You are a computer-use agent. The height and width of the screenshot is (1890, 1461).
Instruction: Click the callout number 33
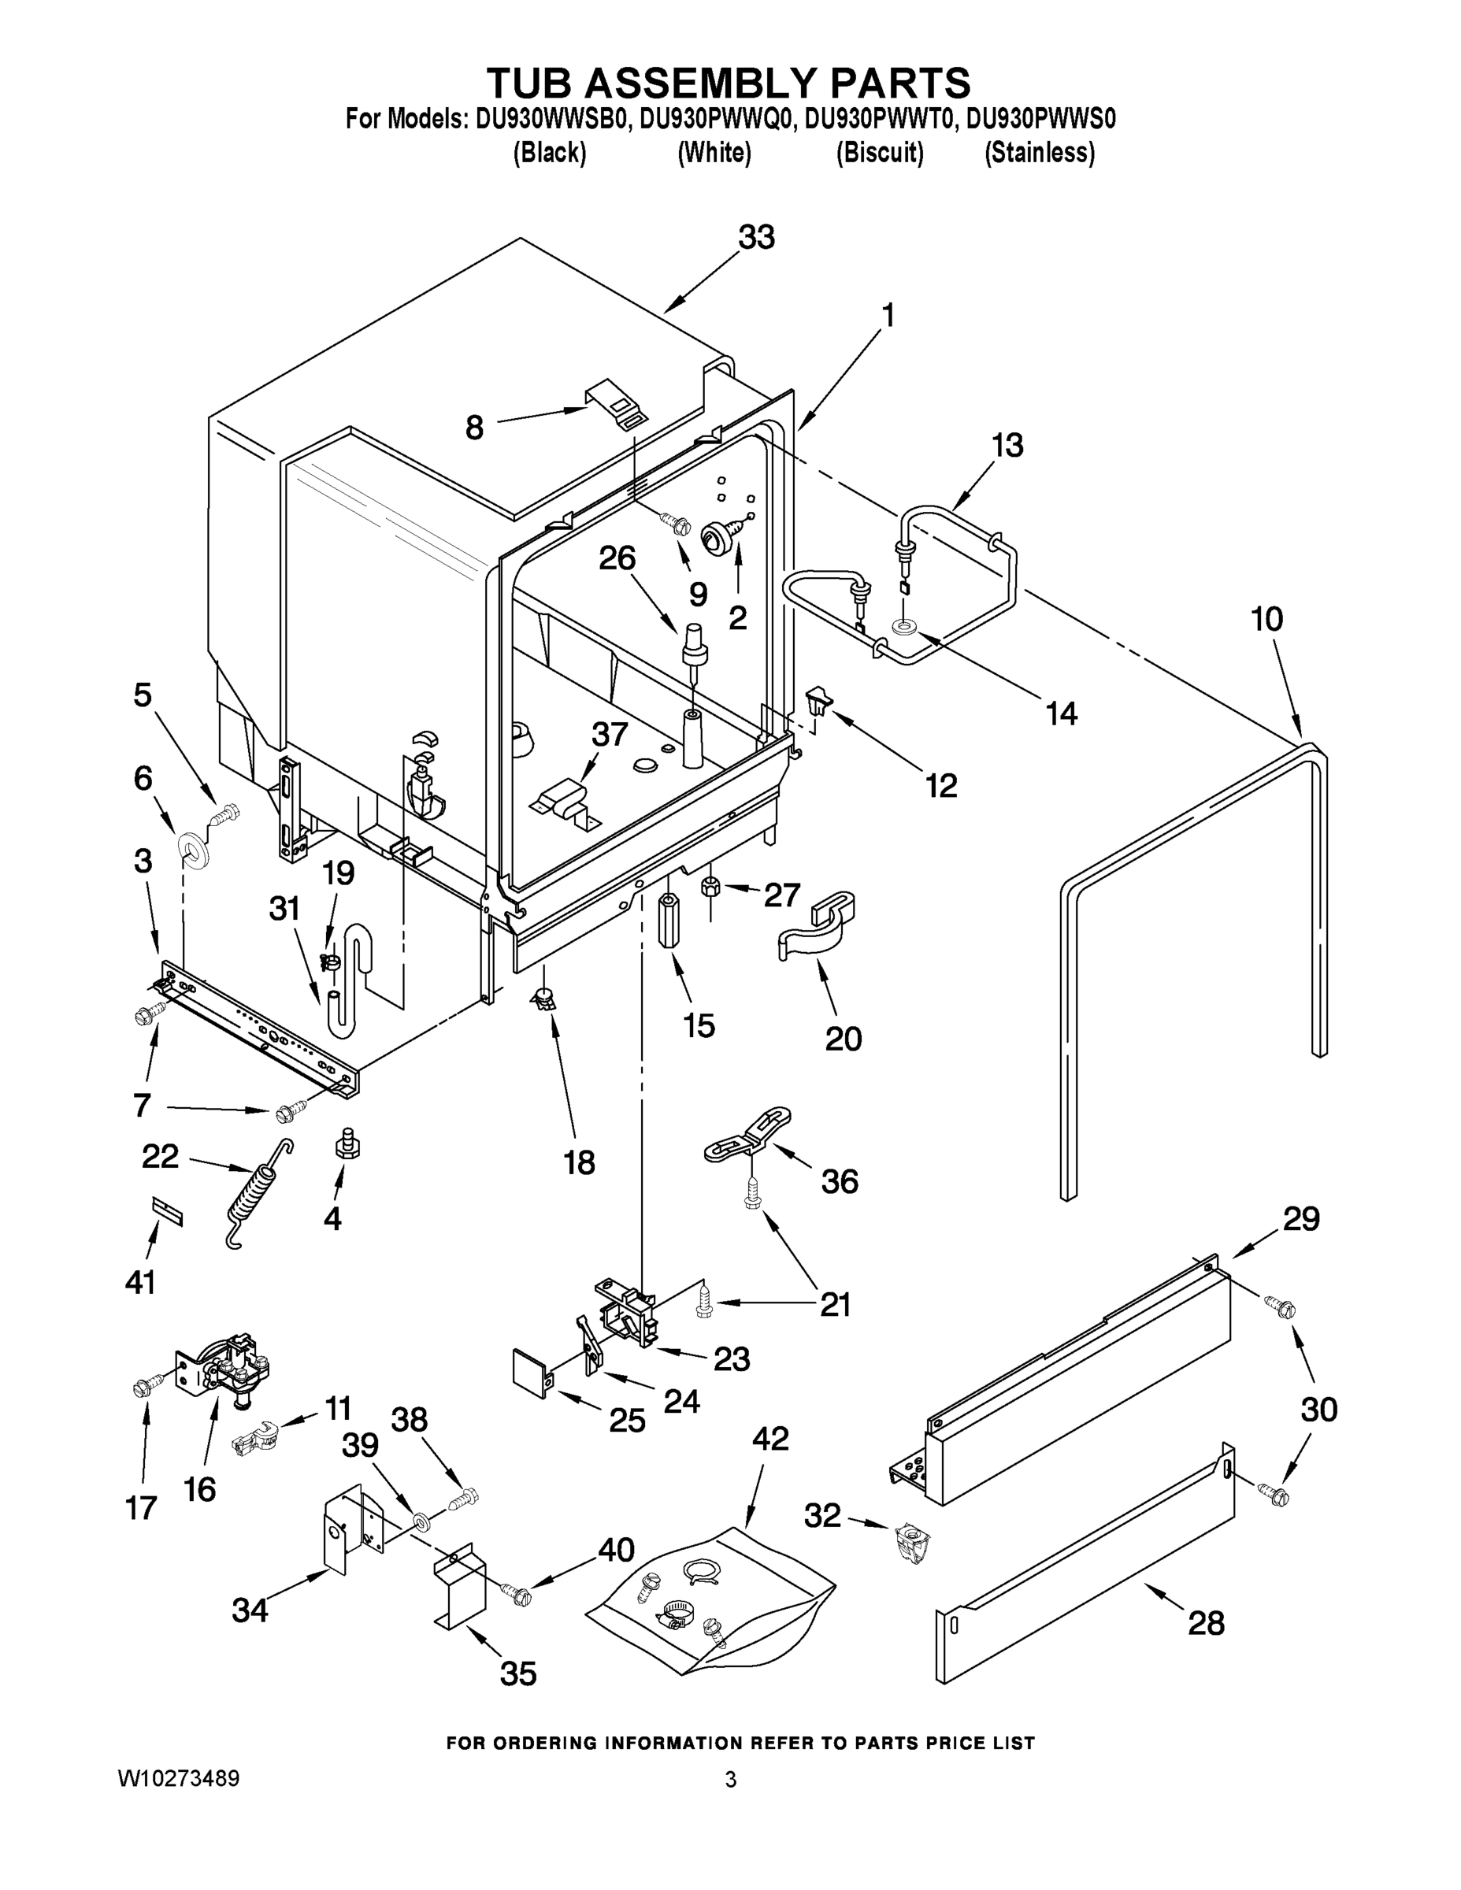click(x=756, y=237)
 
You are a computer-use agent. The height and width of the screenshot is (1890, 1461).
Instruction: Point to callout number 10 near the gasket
click(x=1266, y=620)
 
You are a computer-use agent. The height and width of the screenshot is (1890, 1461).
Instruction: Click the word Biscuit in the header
click(x=880, y=154)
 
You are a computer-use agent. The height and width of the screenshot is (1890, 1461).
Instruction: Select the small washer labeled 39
click(x=422, y=1521)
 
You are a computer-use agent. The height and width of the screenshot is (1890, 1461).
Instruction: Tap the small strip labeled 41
click(x=168, y=1213)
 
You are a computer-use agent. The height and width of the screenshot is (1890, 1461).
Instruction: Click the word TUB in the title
click(x=530, y=82)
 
